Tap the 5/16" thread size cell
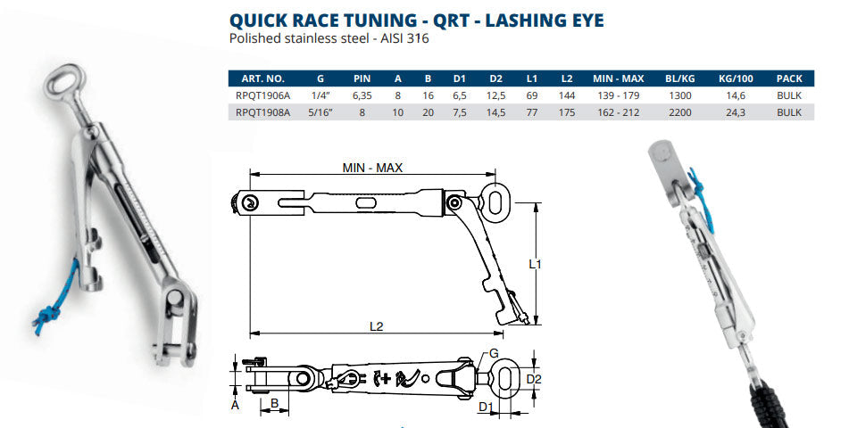tap(320, 112)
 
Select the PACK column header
tap(789, 78)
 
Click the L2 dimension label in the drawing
tap(376, 327)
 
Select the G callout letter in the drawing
tap(494, 353)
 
